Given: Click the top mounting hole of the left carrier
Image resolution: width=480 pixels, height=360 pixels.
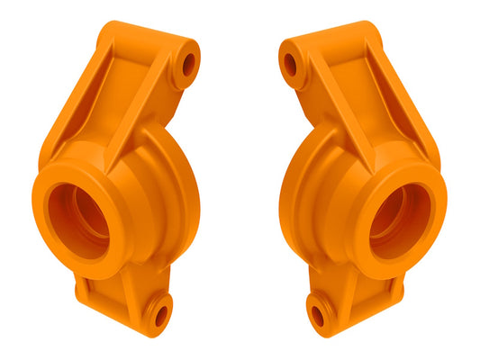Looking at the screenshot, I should click(x=188, y=64).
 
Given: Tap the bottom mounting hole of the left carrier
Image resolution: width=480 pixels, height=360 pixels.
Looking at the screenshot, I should click(x=161, y=315).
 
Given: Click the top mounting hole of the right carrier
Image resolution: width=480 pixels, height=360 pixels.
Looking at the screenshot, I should click(x=290, y=64).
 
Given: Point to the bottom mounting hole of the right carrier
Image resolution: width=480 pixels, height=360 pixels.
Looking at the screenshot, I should click(x=317, y=315).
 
